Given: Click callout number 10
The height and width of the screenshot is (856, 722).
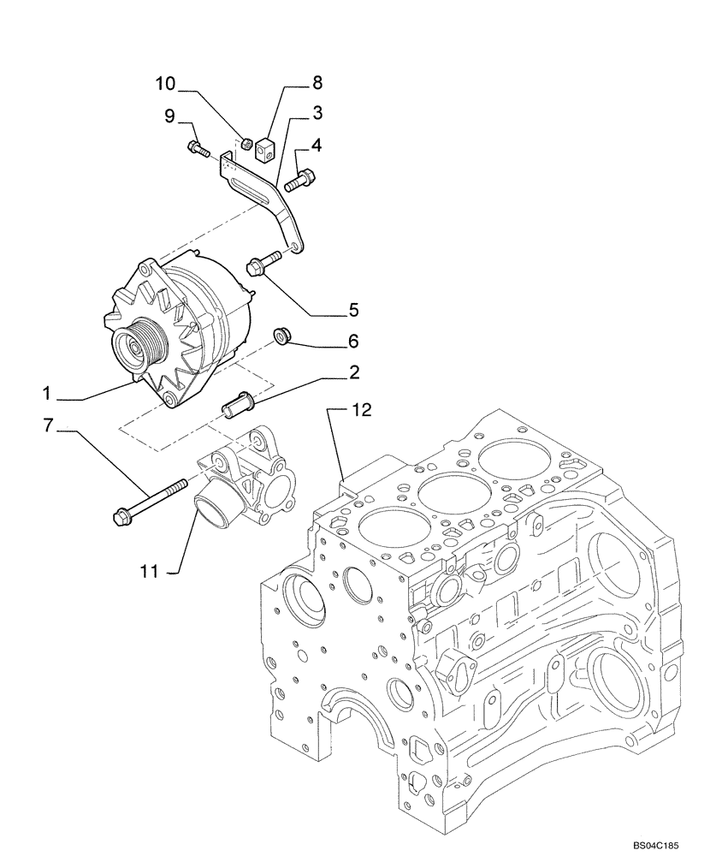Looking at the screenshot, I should (165, 83).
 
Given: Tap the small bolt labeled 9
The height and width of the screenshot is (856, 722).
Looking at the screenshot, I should (197, 149).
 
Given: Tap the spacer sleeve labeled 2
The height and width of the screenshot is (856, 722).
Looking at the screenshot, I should (238, 403).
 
